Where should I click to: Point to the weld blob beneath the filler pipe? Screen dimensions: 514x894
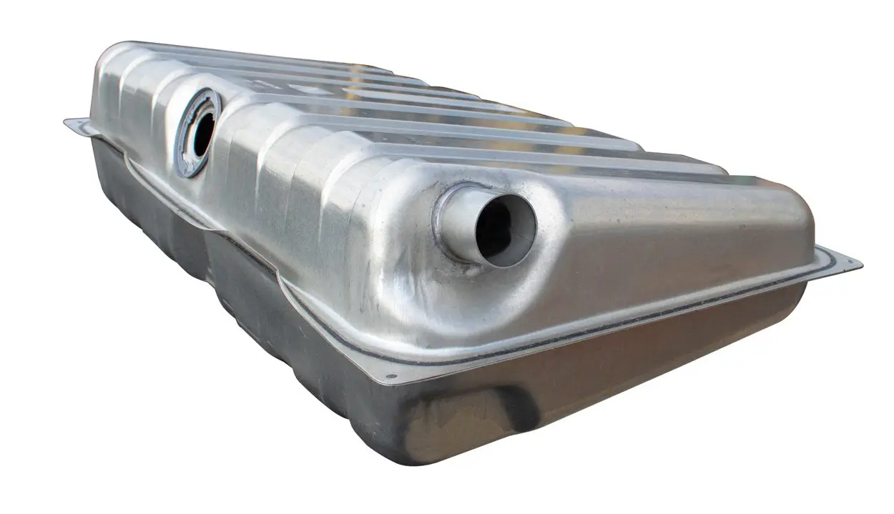click(x=472, y=271)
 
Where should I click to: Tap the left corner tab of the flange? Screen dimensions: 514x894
click(x=75, y=126)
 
